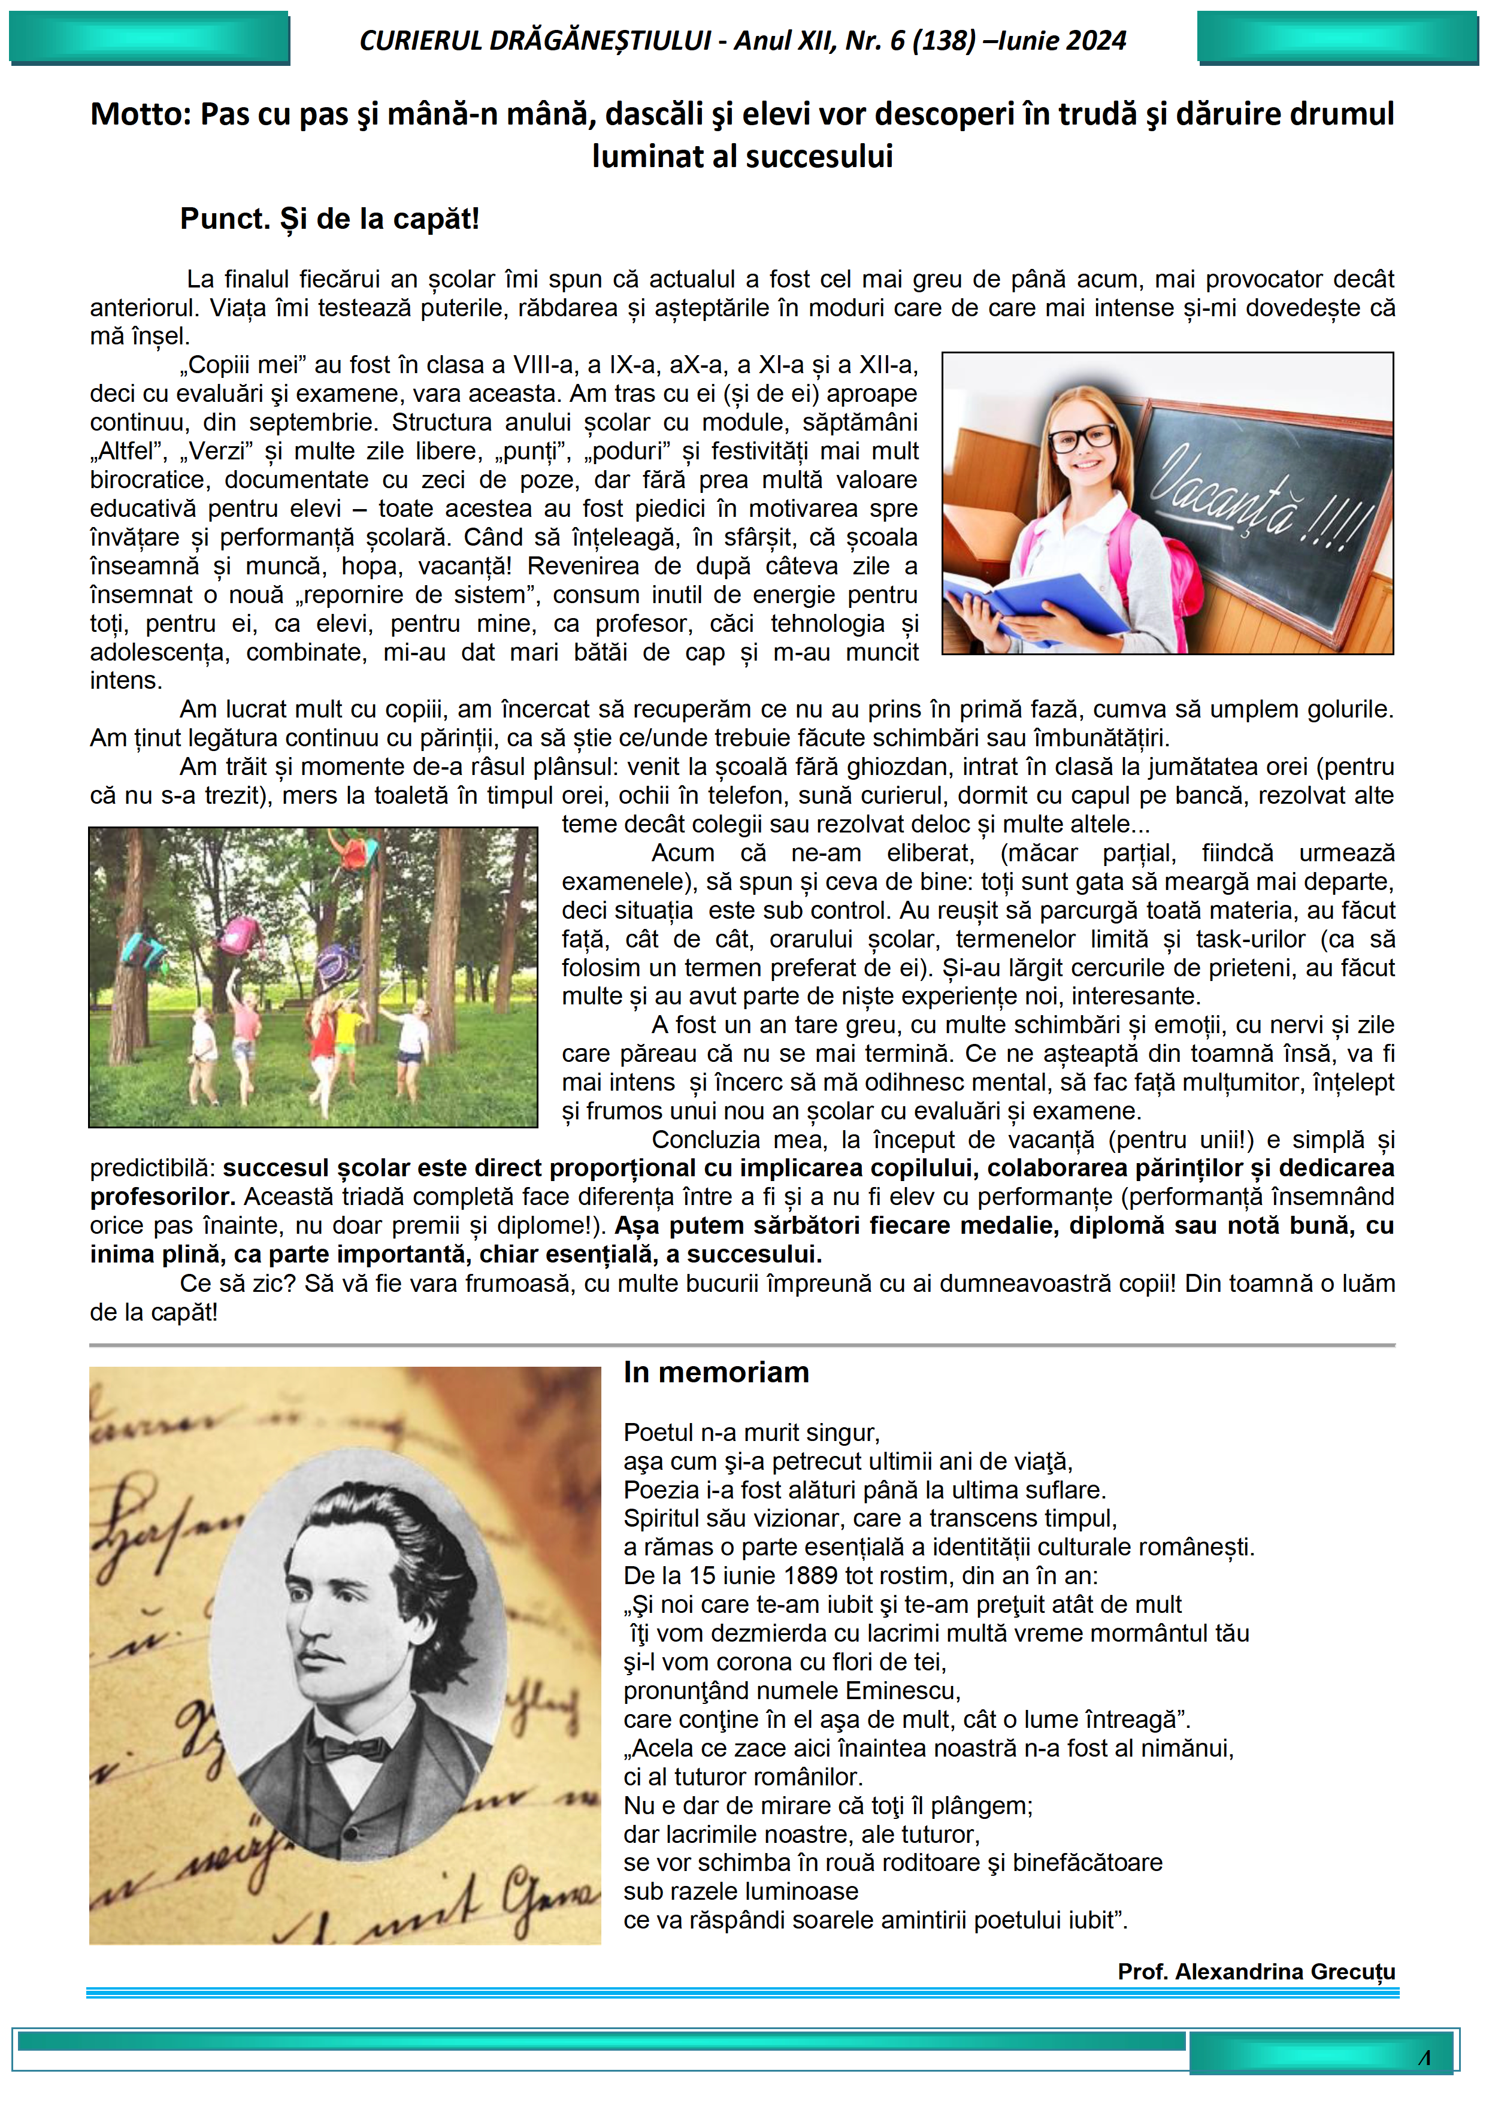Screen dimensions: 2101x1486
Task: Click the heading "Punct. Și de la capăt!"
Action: tap(329, 220)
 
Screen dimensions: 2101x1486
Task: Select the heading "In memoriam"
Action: tap(716, 1373)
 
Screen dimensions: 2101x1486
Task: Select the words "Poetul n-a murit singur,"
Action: tap(751, 1433)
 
